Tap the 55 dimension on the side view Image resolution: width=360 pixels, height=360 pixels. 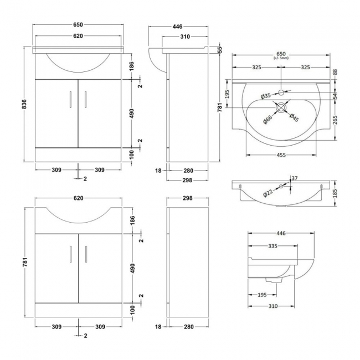(x=220, y=50)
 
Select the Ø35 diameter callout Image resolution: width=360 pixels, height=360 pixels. (x=266, y=96)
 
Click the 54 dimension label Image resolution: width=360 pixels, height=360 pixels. (x=336, y=95)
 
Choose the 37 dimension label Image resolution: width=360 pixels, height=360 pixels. (x=294, y=178)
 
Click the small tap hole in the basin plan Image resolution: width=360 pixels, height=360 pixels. (x=281, y=92)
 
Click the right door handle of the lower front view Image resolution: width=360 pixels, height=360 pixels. (x=86, y=254)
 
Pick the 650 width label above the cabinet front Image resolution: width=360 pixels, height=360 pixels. (x=78, y=25)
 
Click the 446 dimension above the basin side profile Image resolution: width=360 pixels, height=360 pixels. (x=281, y=234)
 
